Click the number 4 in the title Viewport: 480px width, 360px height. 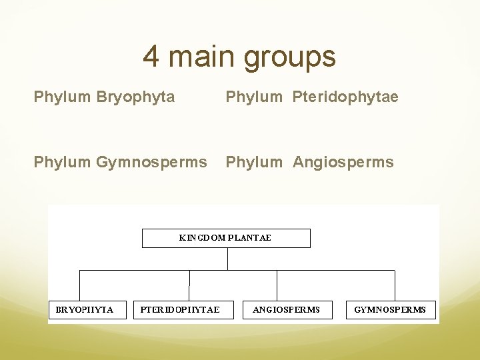(x=151, y=57)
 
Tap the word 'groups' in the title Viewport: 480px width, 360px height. (x=290, y=58)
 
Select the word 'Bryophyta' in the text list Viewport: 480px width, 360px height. (x=135, y=97)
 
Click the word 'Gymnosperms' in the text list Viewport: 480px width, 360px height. (x=151, y=162)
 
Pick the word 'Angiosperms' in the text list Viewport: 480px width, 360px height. (x=343, y=162)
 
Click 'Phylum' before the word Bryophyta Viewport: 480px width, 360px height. (x=63, y=97)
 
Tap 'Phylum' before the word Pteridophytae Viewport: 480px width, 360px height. (x=254, y=97)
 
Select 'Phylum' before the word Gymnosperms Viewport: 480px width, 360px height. (x=63, y=162)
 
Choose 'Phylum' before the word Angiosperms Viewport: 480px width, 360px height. (x=254, y=162)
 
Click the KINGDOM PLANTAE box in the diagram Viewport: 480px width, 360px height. (x=226, y=238)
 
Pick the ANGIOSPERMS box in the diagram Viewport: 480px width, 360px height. (x=287, y=309)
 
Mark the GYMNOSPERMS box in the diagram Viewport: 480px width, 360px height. (x=390, y=309)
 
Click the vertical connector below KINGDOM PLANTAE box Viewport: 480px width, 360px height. (x=227, y=259)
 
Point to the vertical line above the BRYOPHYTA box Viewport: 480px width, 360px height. (x=80, y=285)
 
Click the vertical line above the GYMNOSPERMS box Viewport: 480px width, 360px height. (x=395, y=285)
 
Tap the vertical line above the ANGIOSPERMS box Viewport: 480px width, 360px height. (x=277, y=285)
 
